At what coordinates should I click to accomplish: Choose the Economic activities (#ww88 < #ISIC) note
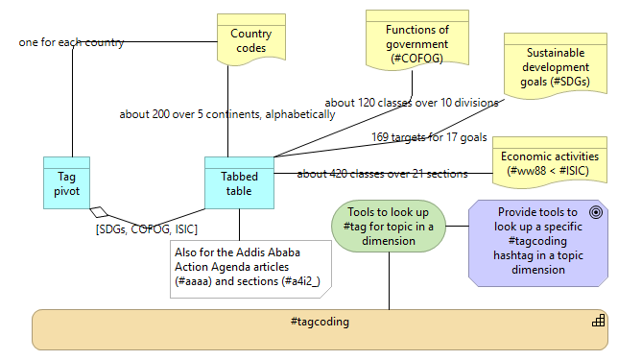549,163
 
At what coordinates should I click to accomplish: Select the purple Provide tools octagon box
536,241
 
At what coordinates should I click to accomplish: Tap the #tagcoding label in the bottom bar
320,321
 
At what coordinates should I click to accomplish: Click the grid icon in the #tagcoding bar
598,321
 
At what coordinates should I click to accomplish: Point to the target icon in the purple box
596,212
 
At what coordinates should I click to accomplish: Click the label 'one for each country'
70,43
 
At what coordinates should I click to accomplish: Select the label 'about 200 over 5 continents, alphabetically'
226,114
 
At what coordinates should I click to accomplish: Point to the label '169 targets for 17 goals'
429,137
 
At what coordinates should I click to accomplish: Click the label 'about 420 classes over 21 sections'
382,174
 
